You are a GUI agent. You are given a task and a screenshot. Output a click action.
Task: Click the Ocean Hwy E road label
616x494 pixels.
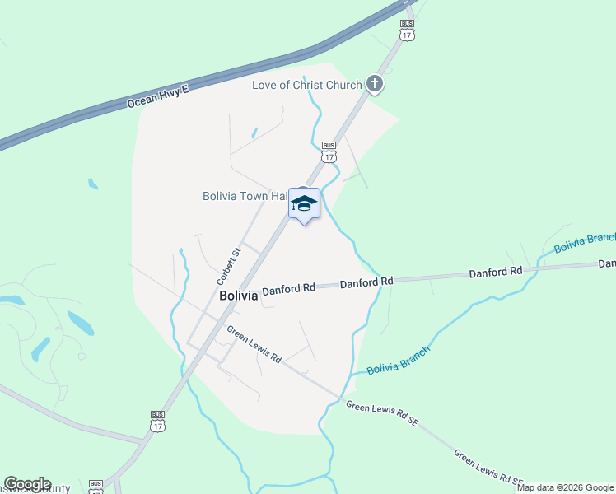click(x=158, y=96)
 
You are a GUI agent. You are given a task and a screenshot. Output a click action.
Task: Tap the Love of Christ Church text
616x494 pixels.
click(x=307, y=85)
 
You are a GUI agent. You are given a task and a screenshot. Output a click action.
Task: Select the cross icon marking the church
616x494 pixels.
click(x=375, y=84)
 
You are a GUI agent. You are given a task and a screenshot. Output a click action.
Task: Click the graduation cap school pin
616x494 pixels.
click(x=304, y=203)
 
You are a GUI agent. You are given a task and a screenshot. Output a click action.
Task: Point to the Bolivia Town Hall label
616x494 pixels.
click(x=245, y=196)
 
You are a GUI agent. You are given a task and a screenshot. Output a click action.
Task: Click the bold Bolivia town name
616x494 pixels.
click(x=238, y=296)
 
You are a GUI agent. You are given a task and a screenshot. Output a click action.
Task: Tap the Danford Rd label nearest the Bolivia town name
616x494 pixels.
click(x=289, y=288)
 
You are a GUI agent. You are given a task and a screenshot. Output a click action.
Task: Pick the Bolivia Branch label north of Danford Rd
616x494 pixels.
click(x=584, y=242)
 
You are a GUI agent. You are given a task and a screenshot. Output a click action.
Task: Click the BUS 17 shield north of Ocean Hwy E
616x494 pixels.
click(x=407, y=30)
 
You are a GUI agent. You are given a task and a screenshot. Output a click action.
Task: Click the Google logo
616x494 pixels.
click(x=27, y=484)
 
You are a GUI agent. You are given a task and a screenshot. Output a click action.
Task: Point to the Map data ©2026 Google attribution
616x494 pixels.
click(x=565, y=487)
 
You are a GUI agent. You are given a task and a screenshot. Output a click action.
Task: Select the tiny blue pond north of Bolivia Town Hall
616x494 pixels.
click(x=254, y=132)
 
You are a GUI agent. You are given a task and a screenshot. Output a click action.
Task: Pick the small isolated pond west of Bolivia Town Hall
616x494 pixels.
click(x=93, y=184)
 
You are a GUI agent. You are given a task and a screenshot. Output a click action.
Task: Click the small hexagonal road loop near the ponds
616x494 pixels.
click(x=81, y=356)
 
